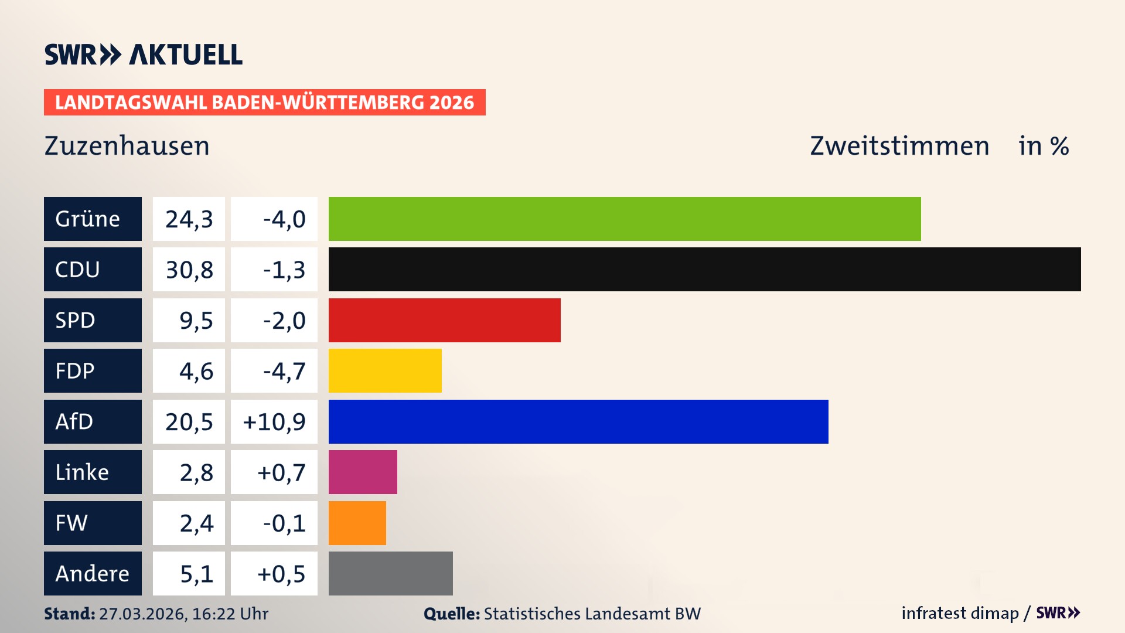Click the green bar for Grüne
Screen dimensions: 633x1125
tap(624, 219)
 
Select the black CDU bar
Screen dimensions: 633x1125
tap(704, 269)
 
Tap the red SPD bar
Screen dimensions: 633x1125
tap(444, 320)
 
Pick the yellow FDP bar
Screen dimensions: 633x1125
tap(385, 370)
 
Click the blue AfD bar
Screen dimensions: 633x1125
tap(578, 421)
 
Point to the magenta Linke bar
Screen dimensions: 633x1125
tap(363, 472)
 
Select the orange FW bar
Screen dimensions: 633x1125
tap(357, 523)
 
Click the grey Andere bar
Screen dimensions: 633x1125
tap(390, 573)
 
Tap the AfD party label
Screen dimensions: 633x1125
tap(93, 421)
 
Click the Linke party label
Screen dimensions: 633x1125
tap(93, 472)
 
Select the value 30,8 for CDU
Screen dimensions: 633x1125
tap(189, 270)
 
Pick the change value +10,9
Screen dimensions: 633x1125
tap(274, 421)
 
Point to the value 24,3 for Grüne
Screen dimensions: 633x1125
tap(189, 219)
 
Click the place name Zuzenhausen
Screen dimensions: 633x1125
tap(127, 146)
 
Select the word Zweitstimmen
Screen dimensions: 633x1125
tap(899, 146)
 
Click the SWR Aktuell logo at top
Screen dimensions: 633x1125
tap(143, 55)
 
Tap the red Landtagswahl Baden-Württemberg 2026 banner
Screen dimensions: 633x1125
tap(264, 102)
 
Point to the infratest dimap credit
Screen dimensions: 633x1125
tap(960, 613)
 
